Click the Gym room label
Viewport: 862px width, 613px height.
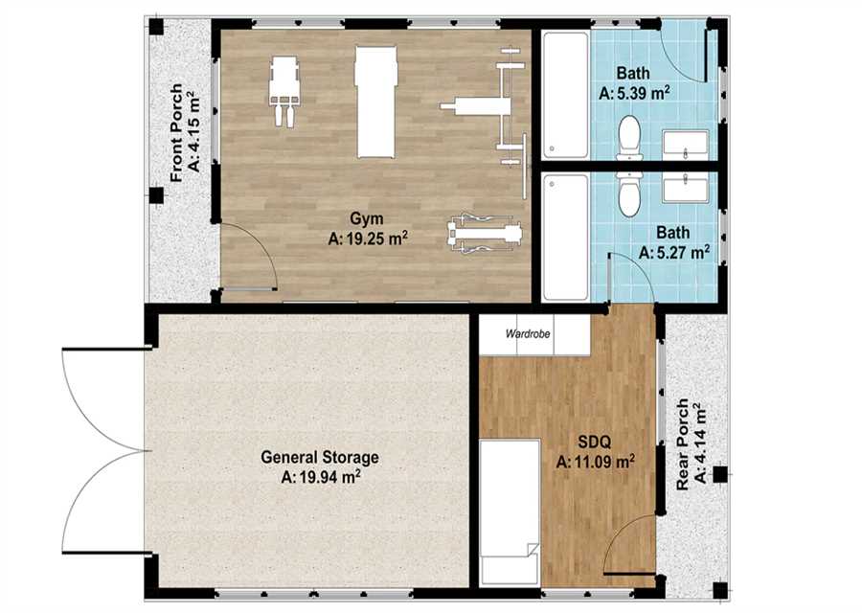(x=367, y=218)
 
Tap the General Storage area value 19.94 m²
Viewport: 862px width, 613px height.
(x=321, y=477)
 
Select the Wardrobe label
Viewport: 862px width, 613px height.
(x=527, y=333)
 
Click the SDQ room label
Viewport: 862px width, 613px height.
(x=595, y=442)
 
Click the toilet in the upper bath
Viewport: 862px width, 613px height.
(x=629, y=137)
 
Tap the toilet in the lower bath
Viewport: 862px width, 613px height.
(x=629, y=193)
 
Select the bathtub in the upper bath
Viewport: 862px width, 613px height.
(x=565, y=96)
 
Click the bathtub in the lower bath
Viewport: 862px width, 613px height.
(x=565, y=238)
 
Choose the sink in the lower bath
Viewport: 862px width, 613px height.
(x=686, y=188)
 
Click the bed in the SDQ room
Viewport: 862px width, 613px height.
(x=510, y=511)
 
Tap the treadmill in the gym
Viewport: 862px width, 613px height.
(x=376, y=102)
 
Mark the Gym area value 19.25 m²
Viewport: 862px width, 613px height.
(x=367, y=238)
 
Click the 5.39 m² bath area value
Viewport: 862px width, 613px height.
(x=634, y=93)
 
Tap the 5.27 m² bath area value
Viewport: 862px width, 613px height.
(x=674, y=252)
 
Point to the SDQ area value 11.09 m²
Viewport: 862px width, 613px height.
(x=596, y=462)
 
